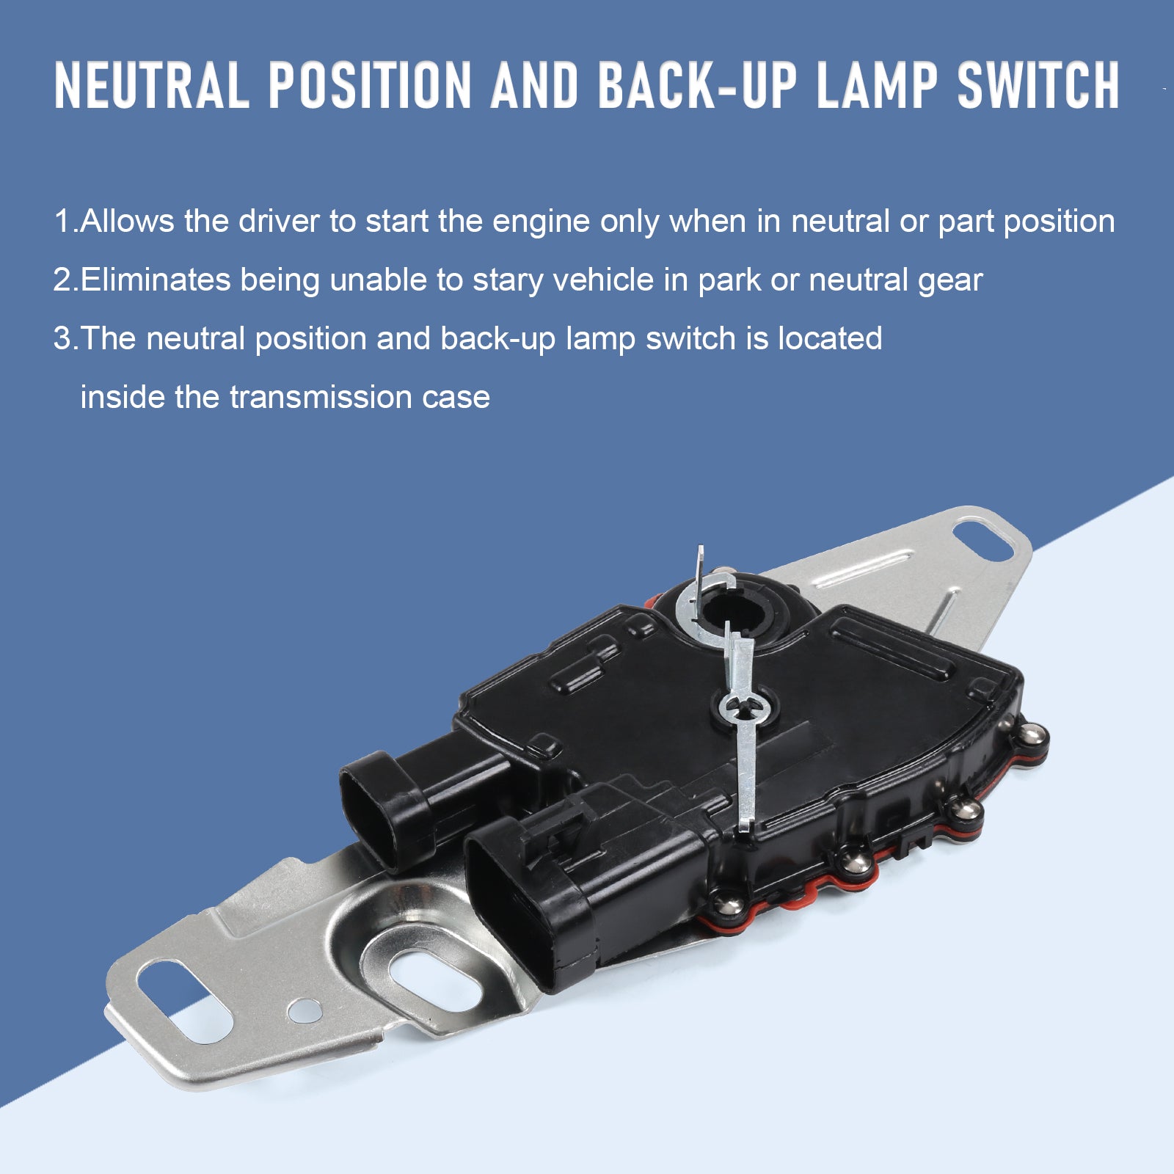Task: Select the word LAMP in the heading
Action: pos(876,86)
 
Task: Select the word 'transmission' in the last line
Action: pos(321,397)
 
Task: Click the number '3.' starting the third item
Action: pos(65,338)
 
